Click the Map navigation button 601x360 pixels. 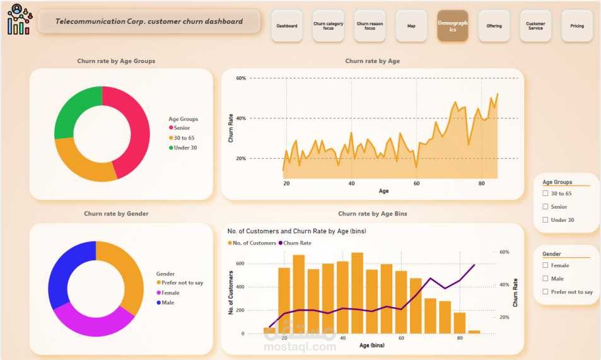tap(411, 26)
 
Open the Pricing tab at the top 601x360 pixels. tap(576, 26)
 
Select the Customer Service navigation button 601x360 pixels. tap(535, 26)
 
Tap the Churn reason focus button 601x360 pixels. tap(370, 26)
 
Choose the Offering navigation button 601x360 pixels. tap(494, 26)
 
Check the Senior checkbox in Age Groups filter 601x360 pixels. tap(546, 207)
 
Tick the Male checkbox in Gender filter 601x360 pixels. tap(546, 279)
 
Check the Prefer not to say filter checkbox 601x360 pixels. tap(546, 292)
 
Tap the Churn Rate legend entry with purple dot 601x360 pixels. tap(297, 243)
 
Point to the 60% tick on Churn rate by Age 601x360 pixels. tap(241, 78)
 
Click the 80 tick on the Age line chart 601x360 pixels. tap(482, 183)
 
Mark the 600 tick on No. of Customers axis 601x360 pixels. tap(240, 264)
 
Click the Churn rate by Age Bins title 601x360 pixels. tap(372, 214)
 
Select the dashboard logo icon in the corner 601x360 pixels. tap(18, 20)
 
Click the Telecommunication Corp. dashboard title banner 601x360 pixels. tap(149, 21)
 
